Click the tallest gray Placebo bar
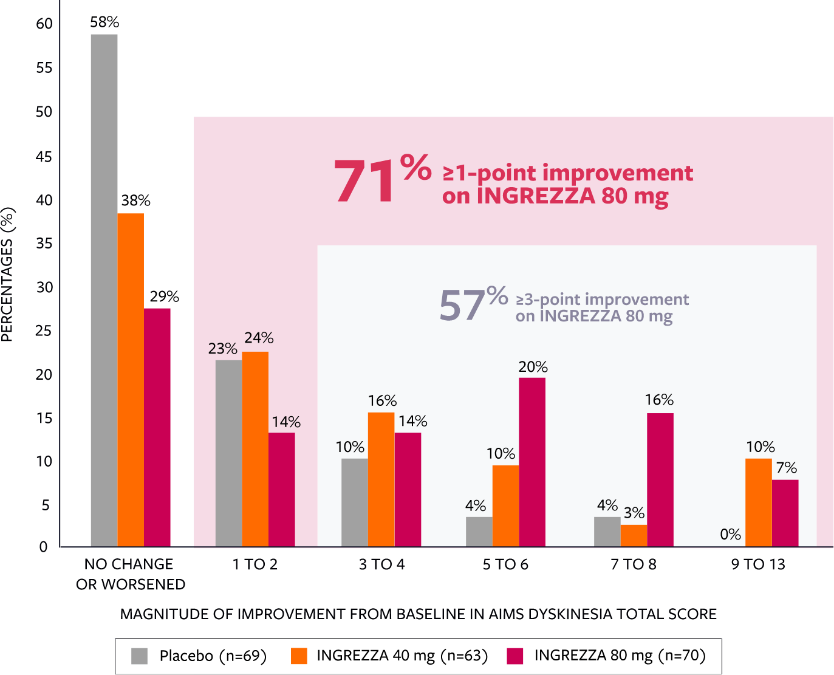tap(104, 290)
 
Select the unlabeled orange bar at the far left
tap(131, 380)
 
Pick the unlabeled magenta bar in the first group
tap(157, 427)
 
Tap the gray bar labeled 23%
tap(228, 453)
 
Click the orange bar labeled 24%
tap(255, 449)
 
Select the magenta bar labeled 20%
tap(532, 462)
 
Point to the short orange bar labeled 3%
tap(634, 535)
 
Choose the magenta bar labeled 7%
tap(785, 513)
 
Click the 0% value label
tap(730, 535)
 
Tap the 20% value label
tap(533, 367)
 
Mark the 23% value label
tap(222, 349)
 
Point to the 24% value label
tap(259, 338)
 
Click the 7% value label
tap(786, 468)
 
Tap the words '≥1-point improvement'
tap(568, 173)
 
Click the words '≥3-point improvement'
tap(602, 300)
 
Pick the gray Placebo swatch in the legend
tap(140, 656)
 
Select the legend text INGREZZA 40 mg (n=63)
tap(402, 656)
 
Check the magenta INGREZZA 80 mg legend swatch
tap(515, 656)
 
